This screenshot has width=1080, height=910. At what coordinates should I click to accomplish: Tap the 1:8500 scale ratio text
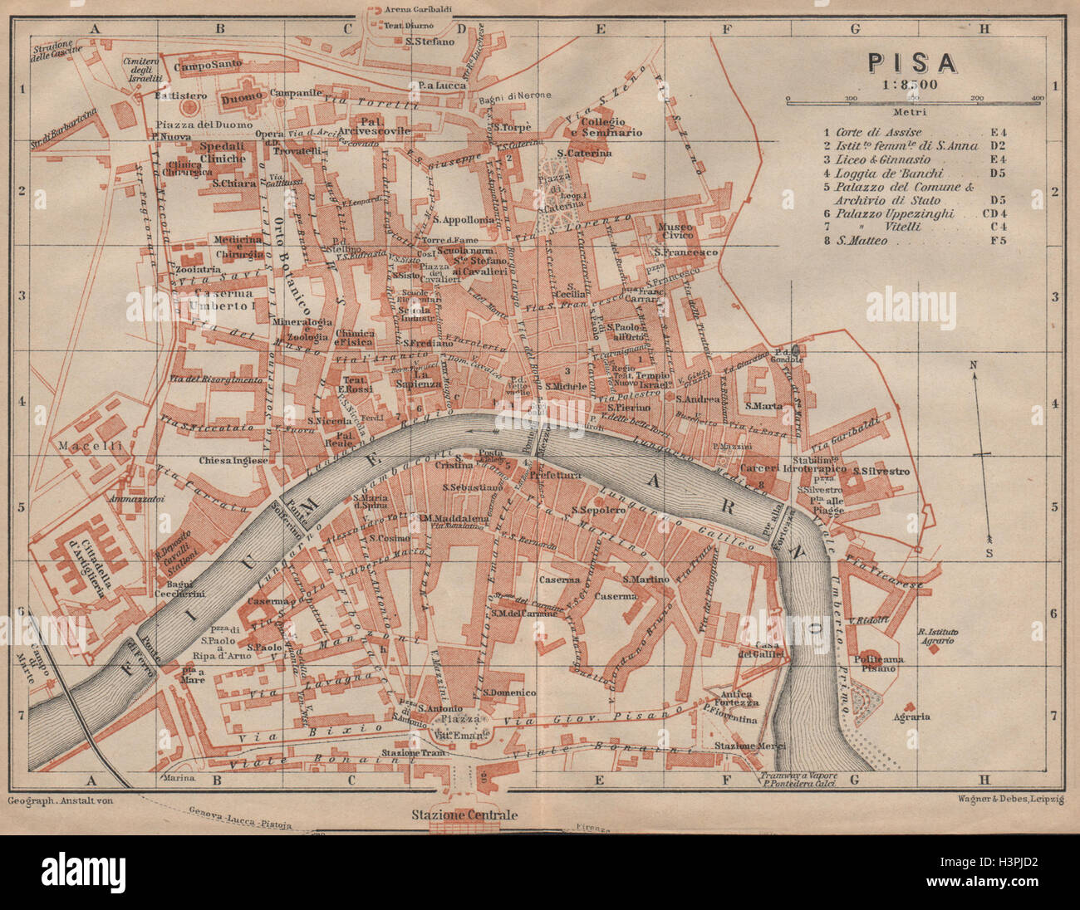click(911, 83)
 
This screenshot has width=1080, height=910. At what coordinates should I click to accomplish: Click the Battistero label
click(174, 95)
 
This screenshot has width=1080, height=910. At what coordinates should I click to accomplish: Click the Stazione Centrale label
click(464, 815)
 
